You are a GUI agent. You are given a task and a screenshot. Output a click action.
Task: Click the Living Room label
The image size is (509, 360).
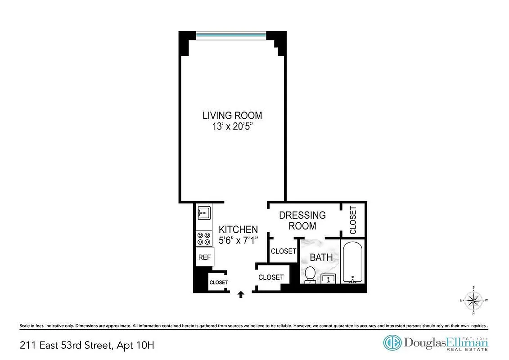tap(232, 116)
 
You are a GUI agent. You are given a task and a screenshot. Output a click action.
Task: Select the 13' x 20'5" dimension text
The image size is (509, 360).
tap(232, 126)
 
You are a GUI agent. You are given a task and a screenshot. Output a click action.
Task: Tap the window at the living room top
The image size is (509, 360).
tap(232, 36)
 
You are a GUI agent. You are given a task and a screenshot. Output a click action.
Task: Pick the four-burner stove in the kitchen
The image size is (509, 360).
tap(204, 238)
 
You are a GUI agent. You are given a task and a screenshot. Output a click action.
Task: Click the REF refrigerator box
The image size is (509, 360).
tap(204, 257)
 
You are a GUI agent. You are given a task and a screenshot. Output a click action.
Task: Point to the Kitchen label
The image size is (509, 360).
tap(238, 229)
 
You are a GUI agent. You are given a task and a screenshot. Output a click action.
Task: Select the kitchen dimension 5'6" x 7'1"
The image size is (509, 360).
tap(238, 240)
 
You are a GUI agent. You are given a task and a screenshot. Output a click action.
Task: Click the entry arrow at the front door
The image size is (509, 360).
tap(241, 294)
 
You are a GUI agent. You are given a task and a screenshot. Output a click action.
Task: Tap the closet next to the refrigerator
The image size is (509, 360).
tap(218, 282)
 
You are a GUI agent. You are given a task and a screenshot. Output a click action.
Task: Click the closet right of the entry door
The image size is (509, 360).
tap(271, 278)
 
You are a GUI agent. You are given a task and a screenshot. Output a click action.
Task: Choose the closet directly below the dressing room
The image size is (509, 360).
tap(284, 251)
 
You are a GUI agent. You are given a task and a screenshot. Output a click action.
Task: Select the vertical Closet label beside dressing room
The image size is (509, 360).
tap(353, 220)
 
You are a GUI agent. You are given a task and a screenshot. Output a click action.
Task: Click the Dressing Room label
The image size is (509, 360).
tap(302, 220)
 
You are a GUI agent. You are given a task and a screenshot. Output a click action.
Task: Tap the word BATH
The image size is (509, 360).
tap(321, 257)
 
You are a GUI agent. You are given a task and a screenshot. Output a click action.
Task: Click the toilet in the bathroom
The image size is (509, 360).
tap(310, 274)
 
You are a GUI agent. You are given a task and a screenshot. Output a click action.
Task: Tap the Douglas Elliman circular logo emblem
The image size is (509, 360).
tap(392, 343)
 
